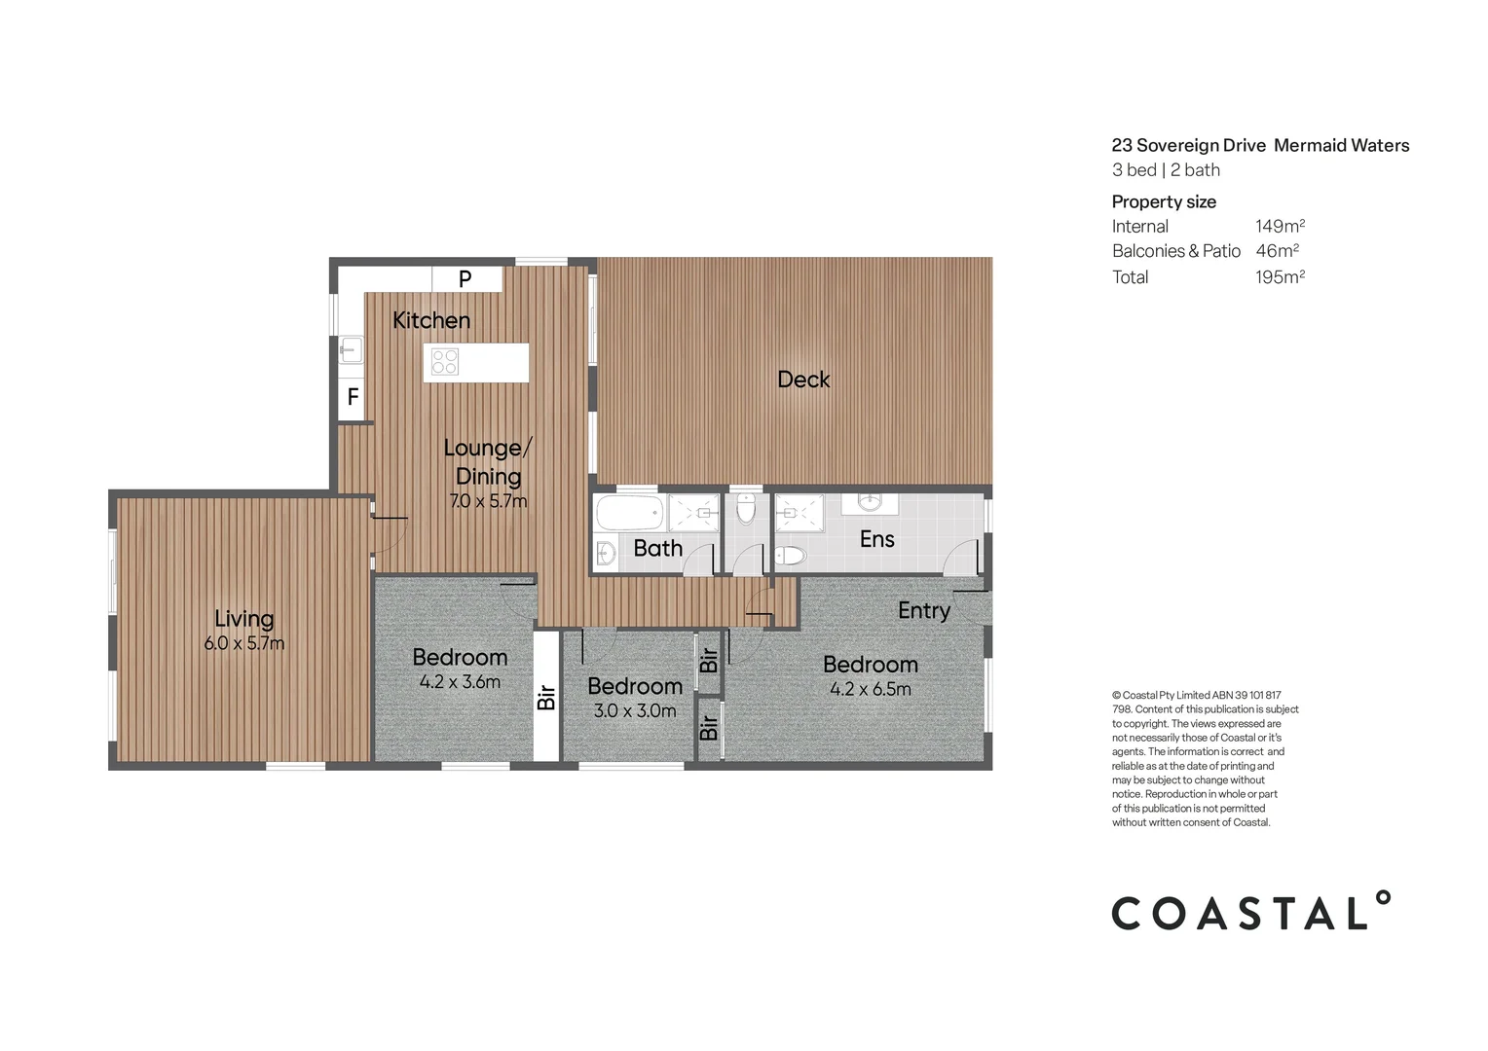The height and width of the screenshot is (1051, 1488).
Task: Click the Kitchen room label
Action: pos(430,320)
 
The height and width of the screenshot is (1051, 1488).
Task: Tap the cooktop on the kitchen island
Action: pos(445,362)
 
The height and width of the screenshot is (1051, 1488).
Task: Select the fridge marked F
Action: pos(353,398)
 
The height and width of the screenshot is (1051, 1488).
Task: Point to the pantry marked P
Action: pos(465,278)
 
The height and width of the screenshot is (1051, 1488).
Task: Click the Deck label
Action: pos(803,380)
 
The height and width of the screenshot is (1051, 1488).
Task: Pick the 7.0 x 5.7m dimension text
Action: pos(488,502)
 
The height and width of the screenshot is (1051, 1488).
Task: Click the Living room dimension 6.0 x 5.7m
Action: pos(244,643)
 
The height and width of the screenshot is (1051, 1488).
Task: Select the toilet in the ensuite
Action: pos(792,556)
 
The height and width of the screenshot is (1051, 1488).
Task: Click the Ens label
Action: pos(876,539)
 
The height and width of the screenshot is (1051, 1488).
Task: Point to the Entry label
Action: pos(923,610)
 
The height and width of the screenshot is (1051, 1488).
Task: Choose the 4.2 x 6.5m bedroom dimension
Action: pos(871,690)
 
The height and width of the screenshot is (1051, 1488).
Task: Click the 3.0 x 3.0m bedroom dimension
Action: pos(635,711)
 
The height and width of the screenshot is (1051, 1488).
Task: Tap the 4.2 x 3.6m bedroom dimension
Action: pos(460,682)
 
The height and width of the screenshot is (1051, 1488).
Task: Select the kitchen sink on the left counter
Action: pos(351,349)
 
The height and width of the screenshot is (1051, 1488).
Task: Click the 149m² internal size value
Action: pos(1280,226)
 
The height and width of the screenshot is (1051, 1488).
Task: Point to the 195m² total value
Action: pos(1280,277)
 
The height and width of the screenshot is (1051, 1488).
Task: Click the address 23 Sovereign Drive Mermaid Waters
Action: pos(1260,146)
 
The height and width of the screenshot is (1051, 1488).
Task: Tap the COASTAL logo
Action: pos(1251,912)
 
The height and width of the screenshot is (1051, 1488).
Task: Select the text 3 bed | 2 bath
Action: pos(1166,170)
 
